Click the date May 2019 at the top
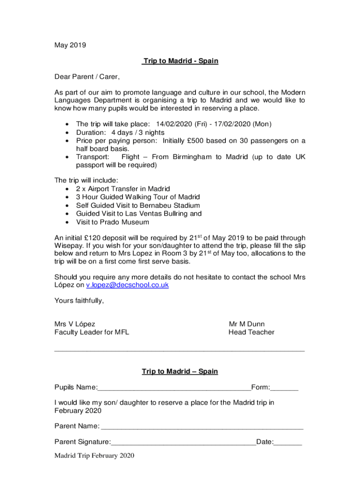tap(70, 45)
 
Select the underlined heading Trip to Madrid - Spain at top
tap(180, 61)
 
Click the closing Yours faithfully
tap(79, 301)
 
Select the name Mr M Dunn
tap(246, 324)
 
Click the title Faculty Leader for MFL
tap(92, 333)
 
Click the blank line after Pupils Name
tap(174, 388)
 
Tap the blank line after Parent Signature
tap(183, 442)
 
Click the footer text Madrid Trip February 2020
tap(94, 456)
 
